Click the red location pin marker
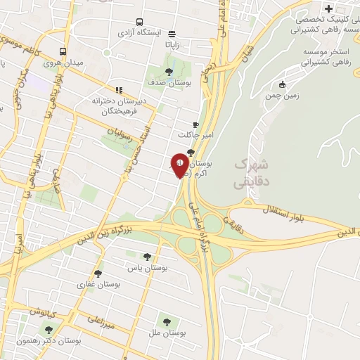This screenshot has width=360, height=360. (x=180, y=164)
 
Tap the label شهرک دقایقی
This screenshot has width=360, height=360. (x=250, y=172)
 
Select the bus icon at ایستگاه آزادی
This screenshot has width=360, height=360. (x=140, y=22)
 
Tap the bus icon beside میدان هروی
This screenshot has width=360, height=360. (x=63, y=51)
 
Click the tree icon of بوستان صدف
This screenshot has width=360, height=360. (x=168, y=71)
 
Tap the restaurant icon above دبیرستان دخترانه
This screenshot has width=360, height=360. (x=120, y=90)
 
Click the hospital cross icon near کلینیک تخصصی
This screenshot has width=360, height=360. (x=328, y=8)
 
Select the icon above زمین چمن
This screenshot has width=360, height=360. (x=283, y=84)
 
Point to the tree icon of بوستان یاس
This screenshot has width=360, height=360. (x=147, y=257)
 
